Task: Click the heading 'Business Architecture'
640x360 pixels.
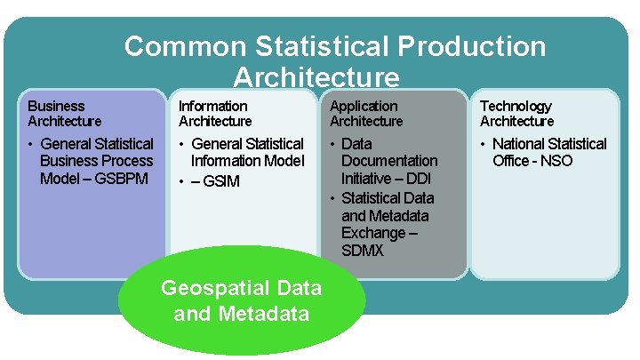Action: (x=65, y=114)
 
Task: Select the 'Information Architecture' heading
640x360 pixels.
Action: (x=215, y=114)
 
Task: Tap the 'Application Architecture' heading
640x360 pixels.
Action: (x=366, y=114)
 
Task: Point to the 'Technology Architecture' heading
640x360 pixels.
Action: (x=517, y=114)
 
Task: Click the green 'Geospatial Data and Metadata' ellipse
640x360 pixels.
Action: (x=241, y=300)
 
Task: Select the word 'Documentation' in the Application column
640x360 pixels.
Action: (x=389, y=161)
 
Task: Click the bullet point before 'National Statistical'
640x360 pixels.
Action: (x=484, y=144)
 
